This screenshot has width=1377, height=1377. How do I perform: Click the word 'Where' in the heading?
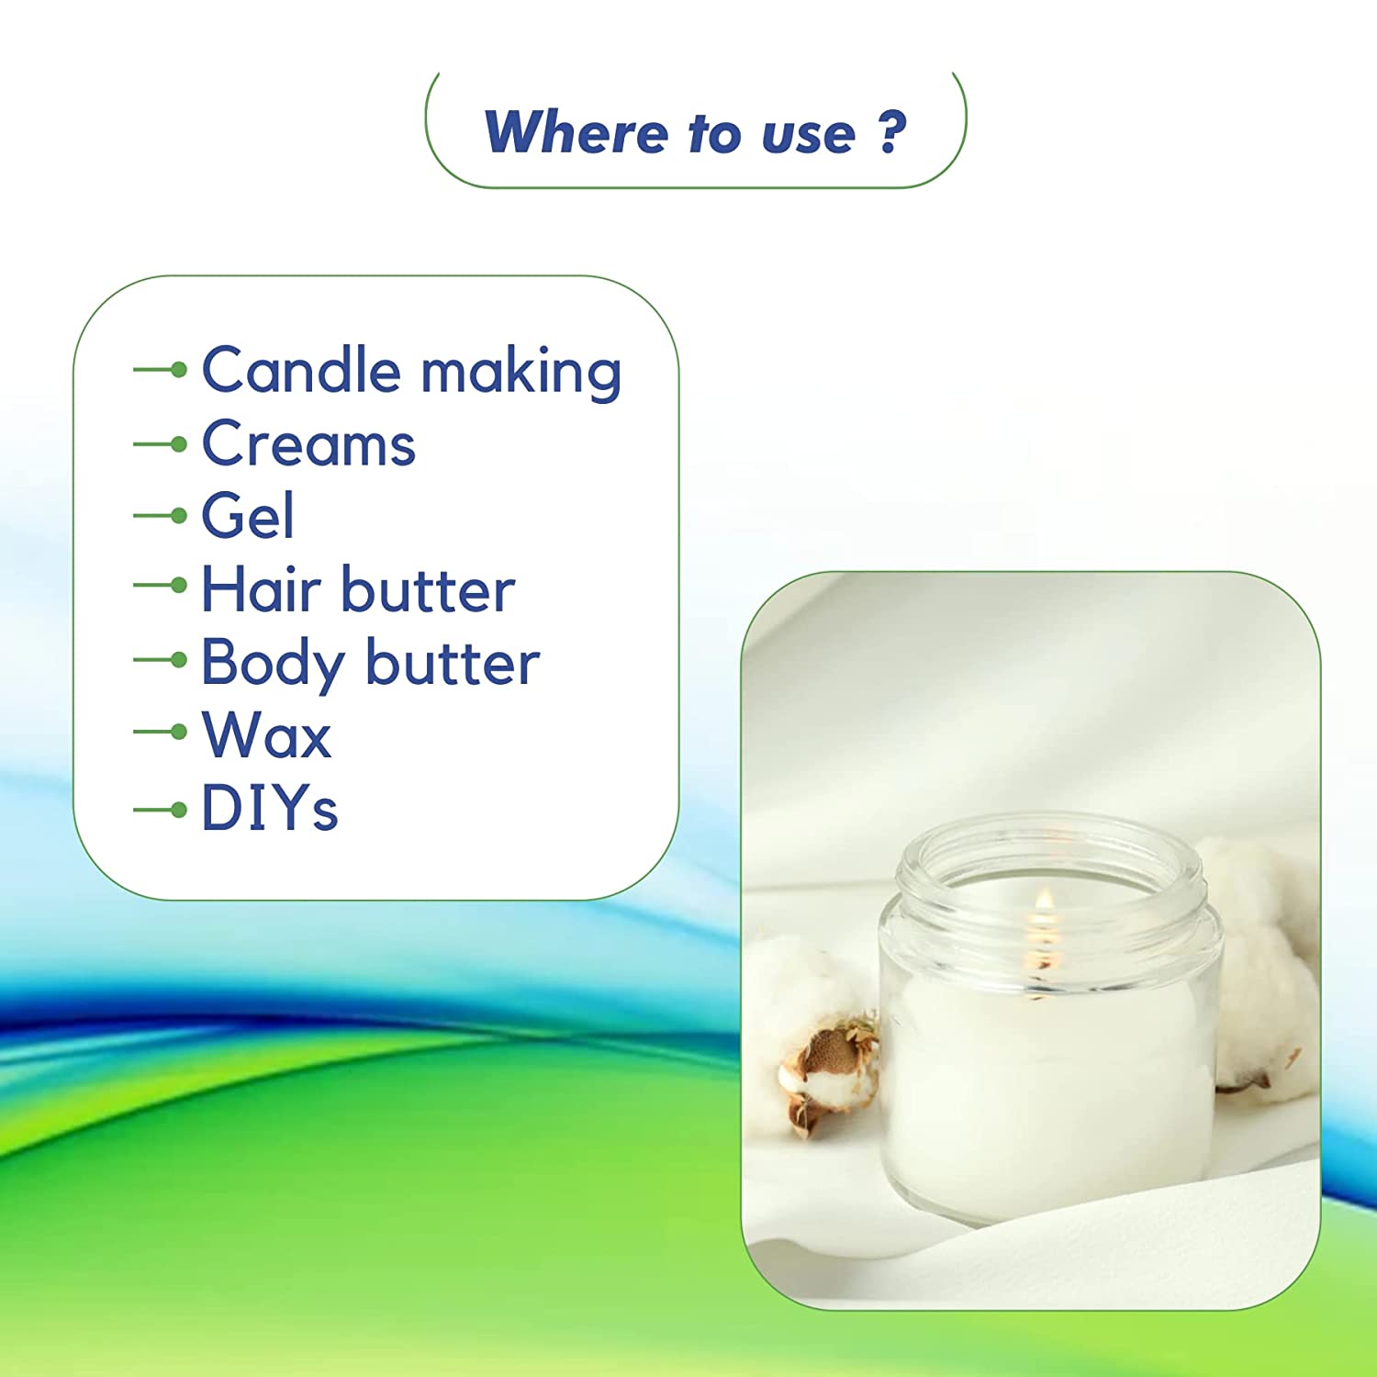[x=576, y=132]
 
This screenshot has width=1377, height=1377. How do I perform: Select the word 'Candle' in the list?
[x=301, y=370]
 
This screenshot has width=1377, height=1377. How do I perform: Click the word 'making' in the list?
[x=521, y=373]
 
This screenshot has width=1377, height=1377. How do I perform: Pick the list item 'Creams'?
[x=308, y=444]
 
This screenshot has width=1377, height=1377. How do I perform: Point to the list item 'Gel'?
[x=248, y=515]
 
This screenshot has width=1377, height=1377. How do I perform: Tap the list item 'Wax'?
[x=266, y=734]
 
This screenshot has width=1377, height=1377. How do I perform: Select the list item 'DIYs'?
[x=270, y=808]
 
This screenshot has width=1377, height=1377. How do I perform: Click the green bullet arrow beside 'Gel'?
[x=160, y=516]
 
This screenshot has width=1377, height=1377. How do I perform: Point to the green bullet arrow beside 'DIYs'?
[x=160, y=810]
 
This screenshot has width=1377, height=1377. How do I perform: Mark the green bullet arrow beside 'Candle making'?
[x=160, y=370]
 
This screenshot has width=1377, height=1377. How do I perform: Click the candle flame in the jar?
[x=1044, y=904]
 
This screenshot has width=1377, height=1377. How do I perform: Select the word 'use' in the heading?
[x=808, y=135]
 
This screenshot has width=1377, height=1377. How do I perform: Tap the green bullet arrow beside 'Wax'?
[x=160, y=732]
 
